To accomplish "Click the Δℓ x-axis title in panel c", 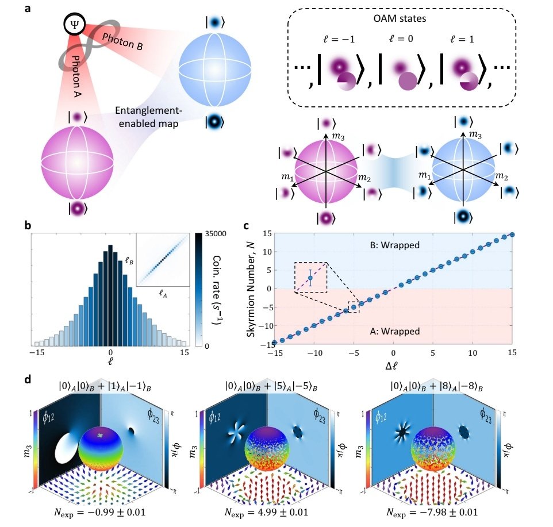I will [393, 367].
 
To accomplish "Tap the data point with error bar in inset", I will [310, 278].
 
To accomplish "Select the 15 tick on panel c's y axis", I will [266, 233].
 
